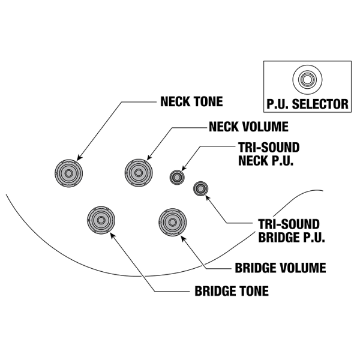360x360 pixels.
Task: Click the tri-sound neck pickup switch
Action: pos(177,176)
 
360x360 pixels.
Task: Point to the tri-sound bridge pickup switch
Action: pos(200,190)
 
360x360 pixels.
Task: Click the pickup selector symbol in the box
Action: pos(307,79)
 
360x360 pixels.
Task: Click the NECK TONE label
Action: pos(191,101)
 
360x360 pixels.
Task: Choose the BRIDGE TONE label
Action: pos(231,292)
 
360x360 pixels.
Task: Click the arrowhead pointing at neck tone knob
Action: pos(78,160)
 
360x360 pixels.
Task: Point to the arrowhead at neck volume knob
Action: pos(146,160)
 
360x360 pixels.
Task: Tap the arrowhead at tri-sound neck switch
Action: pos(183,170)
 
